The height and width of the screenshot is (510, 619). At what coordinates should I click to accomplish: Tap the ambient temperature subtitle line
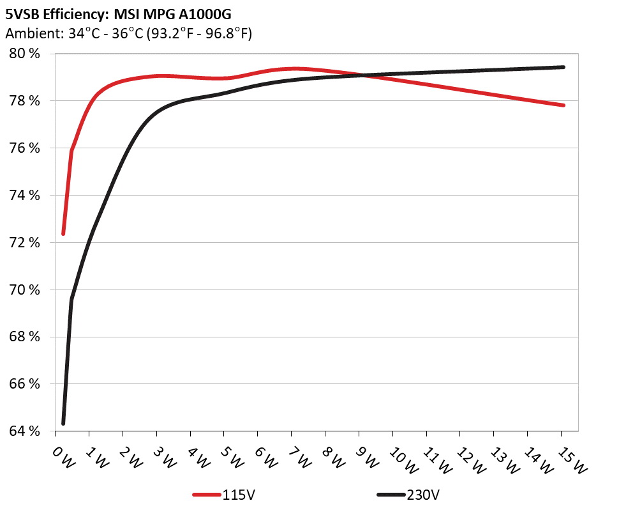click(x=128, y=33)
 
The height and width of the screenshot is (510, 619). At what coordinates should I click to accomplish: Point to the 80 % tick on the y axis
click(x=25, y=54)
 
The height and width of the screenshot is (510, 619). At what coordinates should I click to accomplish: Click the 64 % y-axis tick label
click(x=25, y=431)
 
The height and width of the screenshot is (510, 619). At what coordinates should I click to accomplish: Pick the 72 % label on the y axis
click(x=25, y=243)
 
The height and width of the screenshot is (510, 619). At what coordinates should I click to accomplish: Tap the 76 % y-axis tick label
click(x=25, y=148)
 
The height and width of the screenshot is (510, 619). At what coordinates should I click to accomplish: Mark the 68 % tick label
click(x=25, y=337)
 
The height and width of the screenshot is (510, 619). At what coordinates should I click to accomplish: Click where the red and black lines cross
click(x=361, y=75)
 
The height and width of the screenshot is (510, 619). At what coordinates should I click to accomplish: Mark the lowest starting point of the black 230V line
click(x=63, y=423)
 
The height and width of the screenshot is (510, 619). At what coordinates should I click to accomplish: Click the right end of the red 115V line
click(x=563, y=105)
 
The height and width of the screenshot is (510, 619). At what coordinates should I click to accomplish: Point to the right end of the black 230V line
click(x=563, y=67)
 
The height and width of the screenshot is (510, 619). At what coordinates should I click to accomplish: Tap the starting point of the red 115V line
click(x=63, y=234)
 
